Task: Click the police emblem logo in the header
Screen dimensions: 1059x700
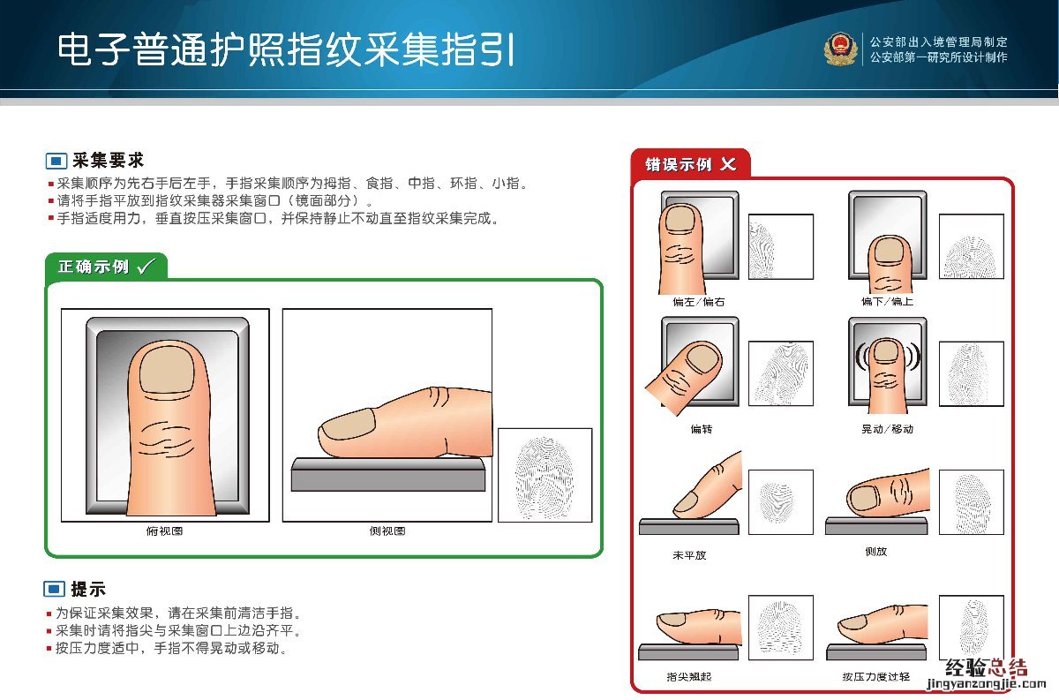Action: point(840,49)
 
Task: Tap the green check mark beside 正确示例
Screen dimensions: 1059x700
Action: point(146,267)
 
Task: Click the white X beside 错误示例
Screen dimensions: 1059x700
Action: point(728,164)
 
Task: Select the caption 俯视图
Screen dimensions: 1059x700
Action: point(164,531)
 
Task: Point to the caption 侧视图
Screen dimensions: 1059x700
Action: point(387,531)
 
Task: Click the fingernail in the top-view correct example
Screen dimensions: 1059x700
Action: point(167,370)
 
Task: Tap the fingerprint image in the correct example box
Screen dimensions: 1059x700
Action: point(545,475)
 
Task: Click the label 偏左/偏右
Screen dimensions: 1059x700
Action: point(699,302)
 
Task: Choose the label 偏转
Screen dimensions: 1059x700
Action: point(702,429)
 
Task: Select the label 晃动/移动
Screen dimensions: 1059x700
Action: point(888,429)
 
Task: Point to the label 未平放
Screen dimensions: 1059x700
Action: point(689,555)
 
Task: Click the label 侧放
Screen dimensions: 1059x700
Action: point(876,552)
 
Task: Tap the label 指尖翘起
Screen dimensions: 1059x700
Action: point(689,677)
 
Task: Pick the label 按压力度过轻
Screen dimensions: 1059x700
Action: point(876,677)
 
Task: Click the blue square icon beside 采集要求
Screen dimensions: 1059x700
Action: point(56,161)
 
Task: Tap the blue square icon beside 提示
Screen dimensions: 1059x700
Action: point(55,590)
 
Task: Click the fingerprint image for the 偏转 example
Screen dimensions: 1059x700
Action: point(781,373)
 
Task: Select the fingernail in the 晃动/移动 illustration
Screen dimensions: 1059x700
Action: point(886,351)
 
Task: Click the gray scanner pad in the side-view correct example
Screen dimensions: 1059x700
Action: point(388,474)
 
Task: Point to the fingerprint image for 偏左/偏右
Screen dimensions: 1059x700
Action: point(781,247)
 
